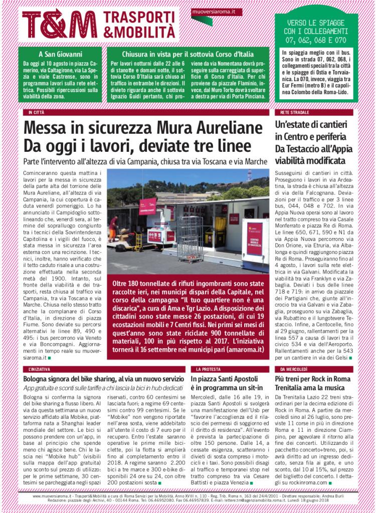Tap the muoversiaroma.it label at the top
click(x=217, y=11)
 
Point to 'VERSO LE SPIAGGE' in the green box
click(x=316, y=23)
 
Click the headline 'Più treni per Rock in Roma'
click(x=312, y=379)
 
